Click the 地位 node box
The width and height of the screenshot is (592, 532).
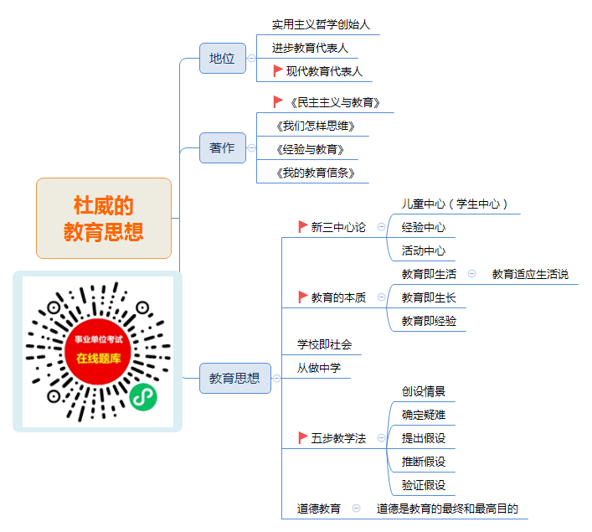tap(223, 58)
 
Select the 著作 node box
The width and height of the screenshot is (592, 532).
tap(223, 147)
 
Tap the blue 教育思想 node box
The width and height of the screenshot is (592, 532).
tap(234, 378)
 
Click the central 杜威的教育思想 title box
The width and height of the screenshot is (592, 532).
tap(104, 219)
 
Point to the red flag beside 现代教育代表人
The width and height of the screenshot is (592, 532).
tap(278, 70)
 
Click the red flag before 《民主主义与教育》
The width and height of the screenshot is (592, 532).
tap(278, 101)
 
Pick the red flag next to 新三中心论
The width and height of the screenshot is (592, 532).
tap(303, 227)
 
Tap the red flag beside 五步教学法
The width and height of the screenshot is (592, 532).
tap(303, 437)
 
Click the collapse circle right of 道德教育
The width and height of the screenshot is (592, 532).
tap(356, 509)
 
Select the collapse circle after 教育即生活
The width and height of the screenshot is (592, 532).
tap(472, 274)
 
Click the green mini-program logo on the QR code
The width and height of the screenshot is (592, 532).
tap(143, 397)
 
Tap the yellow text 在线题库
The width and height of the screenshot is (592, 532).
tap(99, 359)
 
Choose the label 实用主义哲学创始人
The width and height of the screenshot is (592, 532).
tap(321, 24)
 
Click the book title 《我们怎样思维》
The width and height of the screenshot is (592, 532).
tap(315, 126)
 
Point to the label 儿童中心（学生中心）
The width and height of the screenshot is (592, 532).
tap(455, 204)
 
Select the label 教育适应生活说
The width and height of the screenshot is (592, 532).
tap(531, 274)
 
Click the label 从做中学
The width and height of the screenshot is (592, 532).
tap(319, 368)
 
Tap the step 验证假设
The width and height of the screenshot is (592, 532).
tap(424, 485)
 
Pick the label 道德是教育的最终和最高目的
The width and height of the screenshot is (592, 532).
tap(447, 509)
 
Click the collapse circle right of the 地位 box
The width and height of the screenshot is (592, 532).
tap(251, 58)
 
